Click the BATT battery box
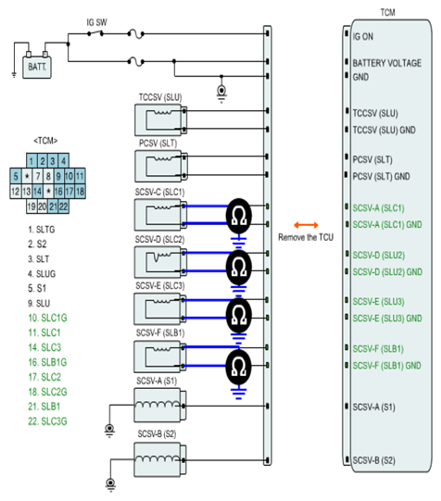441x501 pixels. (37, 67)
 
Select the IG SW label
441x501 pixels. (97, 22)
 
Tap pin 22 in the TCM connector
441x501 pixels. (64, 207)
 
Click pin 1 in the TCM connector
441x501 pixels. (31, 161)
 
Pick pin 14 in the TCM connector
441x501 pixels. (37, 192)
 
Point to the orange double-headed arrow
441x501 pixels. (306, 225)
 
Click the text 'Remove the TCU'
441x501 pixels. (306, 237)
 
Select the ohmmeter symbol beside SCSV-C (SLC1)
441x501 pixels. (239, 216)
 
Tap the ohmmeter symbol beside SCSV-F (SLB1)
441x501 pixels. (238, 367)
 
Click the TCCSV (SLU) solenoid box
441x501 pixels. (160, 120)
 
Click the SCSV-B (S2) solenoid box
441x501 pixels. (160, 459)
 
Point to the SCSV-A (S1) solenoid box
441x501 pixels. (160, 405)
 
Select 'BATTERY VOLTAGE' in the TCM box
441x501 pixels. (387, 63)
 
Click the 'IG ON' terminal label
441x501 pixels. (363, 37)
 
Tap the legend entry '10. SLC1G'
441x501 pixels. (47, 318)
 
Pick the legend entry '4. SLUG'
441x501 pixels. (42, 274)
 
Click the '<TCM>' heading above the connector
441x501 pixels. (45, 141)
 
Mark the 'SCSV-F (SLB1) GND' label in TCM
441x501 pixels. (386, 365)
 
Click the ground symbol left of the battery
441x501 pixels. (14, 75)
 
